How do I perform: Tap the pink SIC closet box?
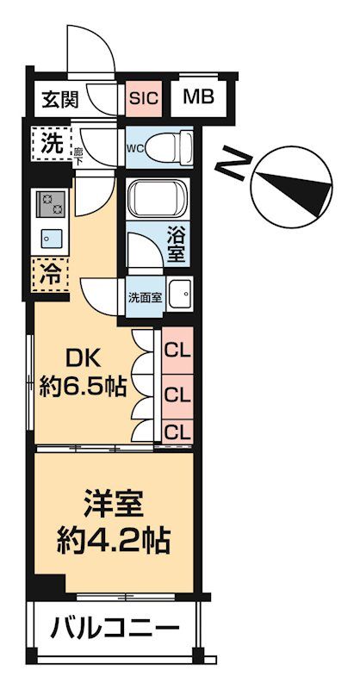point(144,97)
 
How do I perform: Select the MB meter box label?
point(198,96)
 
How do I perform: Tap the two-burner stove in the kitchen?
point(49,205)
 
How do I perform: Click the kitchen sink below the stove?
point(49,238)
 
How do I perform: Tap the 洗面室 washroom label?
point(144,297)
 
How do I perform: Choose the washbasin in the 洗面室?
point(179,296)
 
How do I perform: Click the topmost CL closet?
point(177,351)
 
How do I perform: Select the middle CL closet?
point(177,394)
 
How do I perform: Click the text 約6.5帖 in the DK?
point(83,387)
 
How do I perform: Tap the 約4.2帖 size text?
point(114,542)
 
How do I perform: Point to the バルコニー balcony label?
point(113,627)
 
